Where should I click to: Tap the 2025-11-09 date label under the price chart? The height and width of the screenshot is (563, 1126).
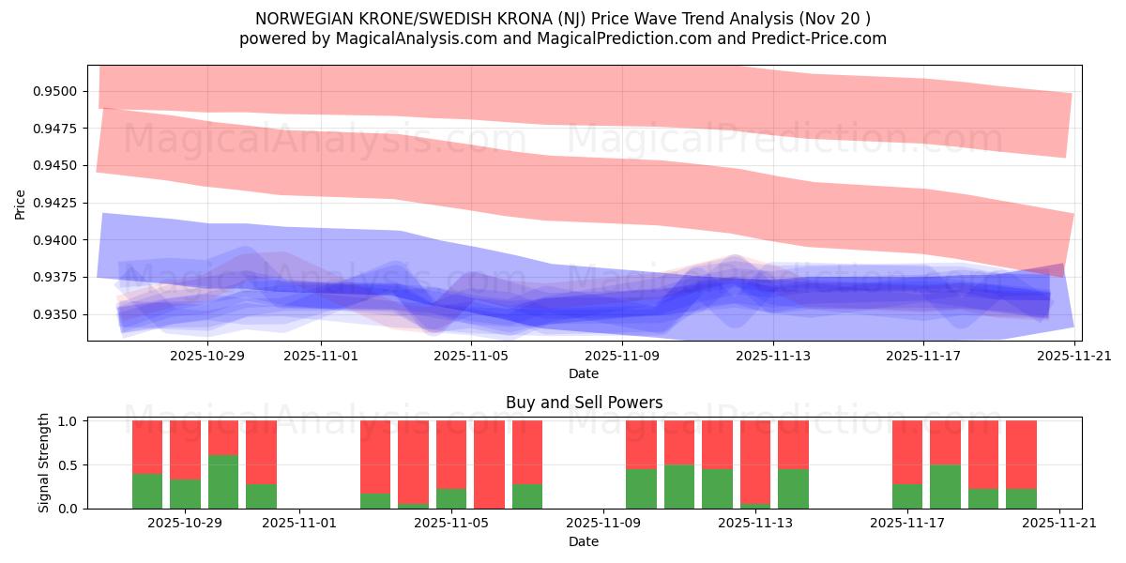tap(622, 356)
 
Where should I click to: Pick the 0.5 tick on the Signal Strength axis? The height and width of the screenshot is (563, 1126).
tap(69, 465)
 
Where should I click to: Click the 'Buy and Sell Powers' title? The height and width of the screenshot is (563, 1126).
tap(584, 403)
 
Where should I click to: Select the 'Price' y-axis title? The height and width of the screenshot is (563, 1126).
tap(21, 203)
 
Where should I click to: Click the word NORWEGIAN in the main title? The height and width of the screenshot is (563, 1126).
tap(304, 19)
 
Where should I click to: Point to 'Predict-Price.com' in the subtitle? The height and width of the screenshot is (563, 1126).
tap(826, 38)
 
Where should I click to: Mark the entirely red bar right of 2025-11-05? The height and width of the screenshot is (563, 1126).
tap(489, 464)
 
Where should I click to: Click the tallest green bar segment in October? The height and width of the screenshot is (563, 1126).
tap(223, 481)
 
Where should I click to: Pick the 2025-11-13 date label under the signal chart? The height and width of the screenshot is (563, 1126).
tap(754, 523)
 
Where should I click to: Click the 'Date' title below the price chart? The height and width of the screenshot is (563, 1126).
tap(584, 373)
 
